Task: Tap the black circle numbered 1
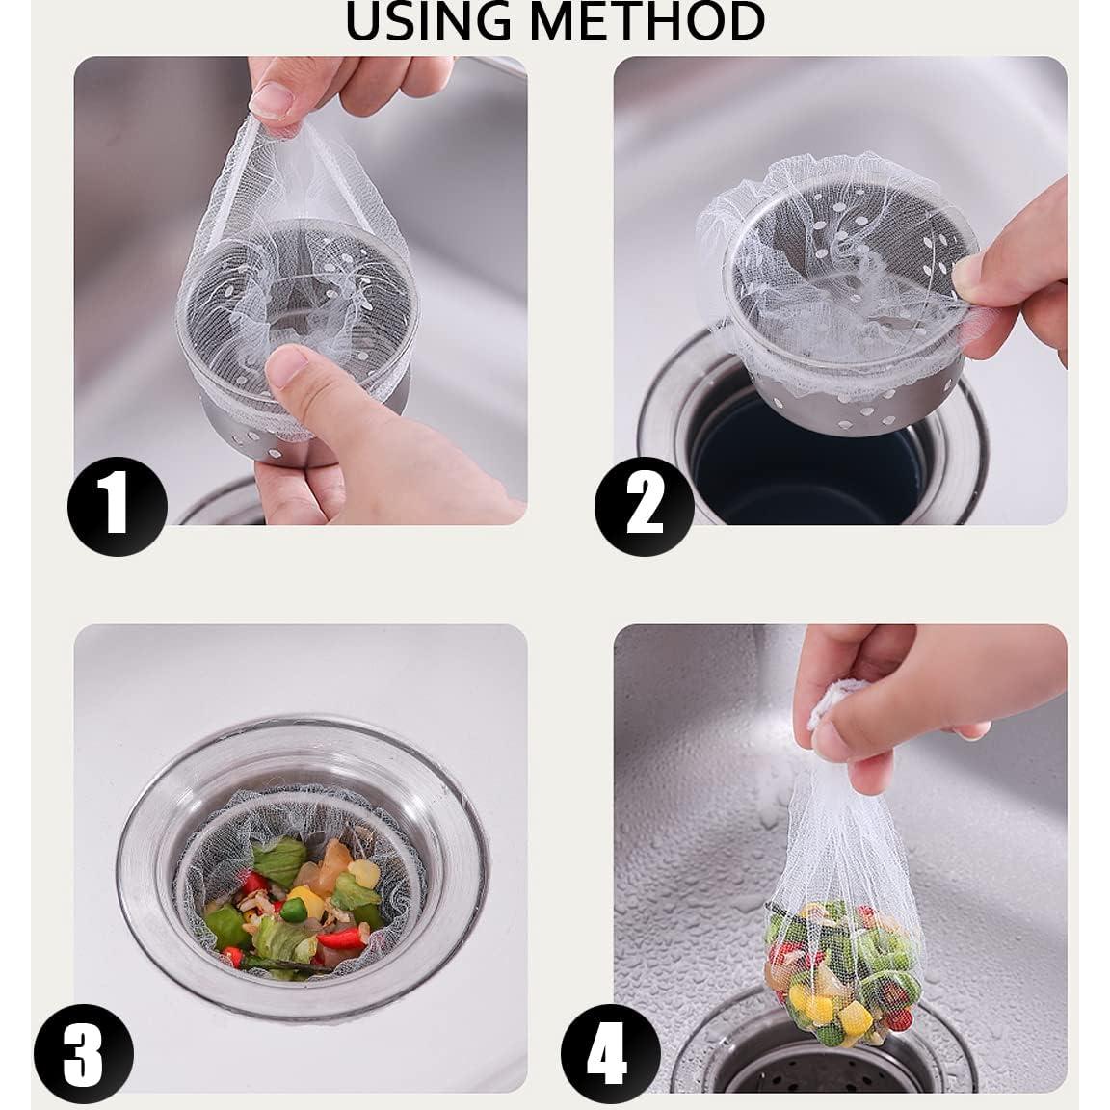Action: [118, 506]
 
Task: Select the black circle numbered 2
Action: [645, 506]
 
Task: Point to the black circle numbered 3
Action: [84, 1053]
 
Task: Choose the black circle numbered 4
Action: [611, 1053]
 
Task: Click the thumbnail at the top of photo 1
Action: [272, 100]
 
